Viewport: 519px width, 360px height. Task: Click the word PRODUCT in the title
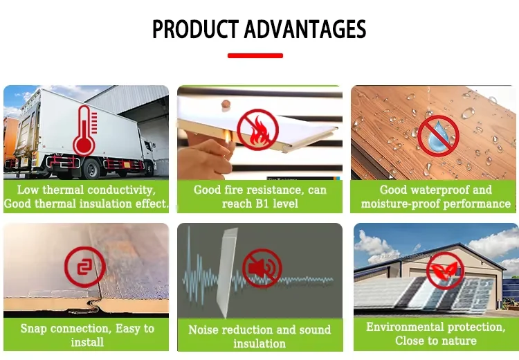[195, 29]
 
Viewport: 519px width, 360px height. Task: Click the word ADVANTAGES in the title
[305, 29]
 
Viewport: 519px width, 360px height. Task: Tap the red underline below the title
[255, 55]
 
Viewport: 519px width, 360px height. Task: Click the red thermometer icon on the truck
[85, 131]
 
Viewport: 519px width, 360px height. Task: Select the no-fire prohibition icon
[258, 129]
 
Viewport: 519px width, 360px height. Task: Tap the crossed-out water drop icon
[438, 136]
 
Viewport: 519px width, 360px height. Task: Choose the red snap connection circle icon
[84, 267]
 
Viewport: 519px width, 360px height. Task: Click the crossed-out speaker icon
[262, 269]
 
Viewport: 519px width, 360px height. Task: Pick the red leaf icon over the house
[445, 271]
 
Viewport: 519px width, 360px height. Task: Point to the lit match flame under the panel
[227, 136]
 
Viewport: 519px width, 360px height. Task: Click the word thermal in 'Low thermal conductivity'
[63, 190]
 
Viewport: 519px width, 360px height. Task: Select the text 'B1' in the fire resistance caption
[262, 204]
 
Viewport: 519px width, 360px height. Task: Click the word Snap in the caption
[33, 329]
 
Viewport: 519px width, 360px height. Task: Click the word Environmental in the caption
[405, 327]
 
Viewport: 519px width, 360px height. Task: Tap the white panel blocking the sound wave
[227, 272]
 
